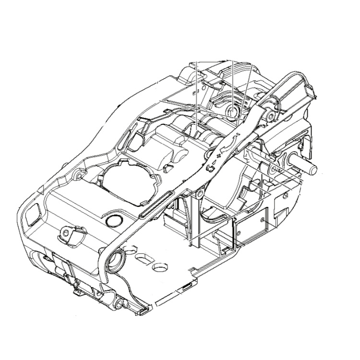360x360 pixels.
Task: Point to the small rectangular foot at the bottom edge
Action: pos(143,311)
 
